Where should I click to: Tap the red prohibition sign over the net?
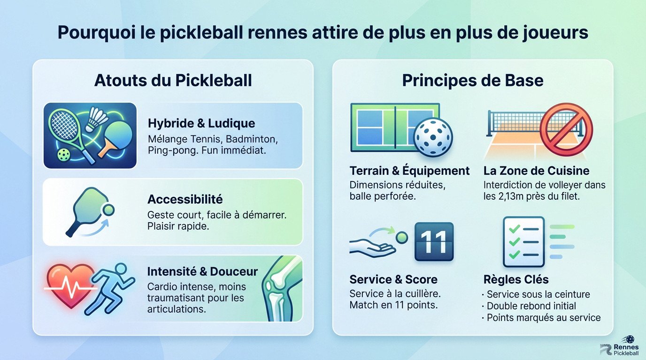click(x=566, y=129)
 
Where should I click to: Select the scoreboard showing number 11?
click(x=434, y=242)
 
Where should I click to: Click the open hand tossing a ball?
click(x=373, y=246)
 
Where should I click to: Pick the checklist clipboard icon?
click(x=523, y=241)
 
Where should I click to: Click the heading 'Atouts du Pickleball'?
click(x=173, y=80)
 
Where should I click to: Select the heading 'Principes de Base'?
click(x=472, y=80)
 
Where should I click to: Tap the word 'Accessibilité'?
click(x=185, y=199)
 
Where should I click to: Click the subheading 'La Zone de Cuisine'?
click(x=536, y=171)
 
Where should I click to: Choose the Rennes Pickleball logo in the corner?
click(x=620, y=347)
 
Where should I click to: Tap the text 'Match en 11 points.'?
click(x=394, y=305)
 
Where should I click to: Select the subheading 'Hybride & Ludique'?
click(x=201, y=123)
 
